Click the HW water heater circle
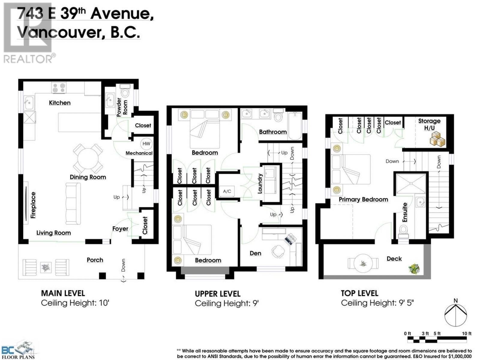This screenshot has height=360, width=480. pos(146,144)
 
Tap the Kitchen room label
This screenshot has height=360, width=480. pos(60,103)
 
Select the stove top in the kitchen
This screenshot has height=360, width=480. pos(59,88)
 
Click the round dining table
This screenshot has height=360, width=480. pos(88,159)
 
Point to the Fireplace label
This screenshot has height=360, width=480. pos(33,205)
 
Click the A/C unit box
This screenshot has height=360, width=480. pos(227,191)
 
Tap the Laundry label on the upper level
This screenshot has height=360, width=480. pos(260,183)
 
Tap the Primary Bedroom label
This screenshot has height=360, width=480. pos(363,199)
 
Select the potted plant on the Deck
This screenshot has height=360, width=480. pos(414,268)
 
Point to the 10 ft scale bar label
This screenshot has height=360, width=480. pos(466,333)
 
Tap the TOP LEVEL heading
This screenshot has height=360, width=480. pos(359,293)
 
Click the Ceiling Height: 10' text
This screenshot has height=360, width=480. pos(75,303)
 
